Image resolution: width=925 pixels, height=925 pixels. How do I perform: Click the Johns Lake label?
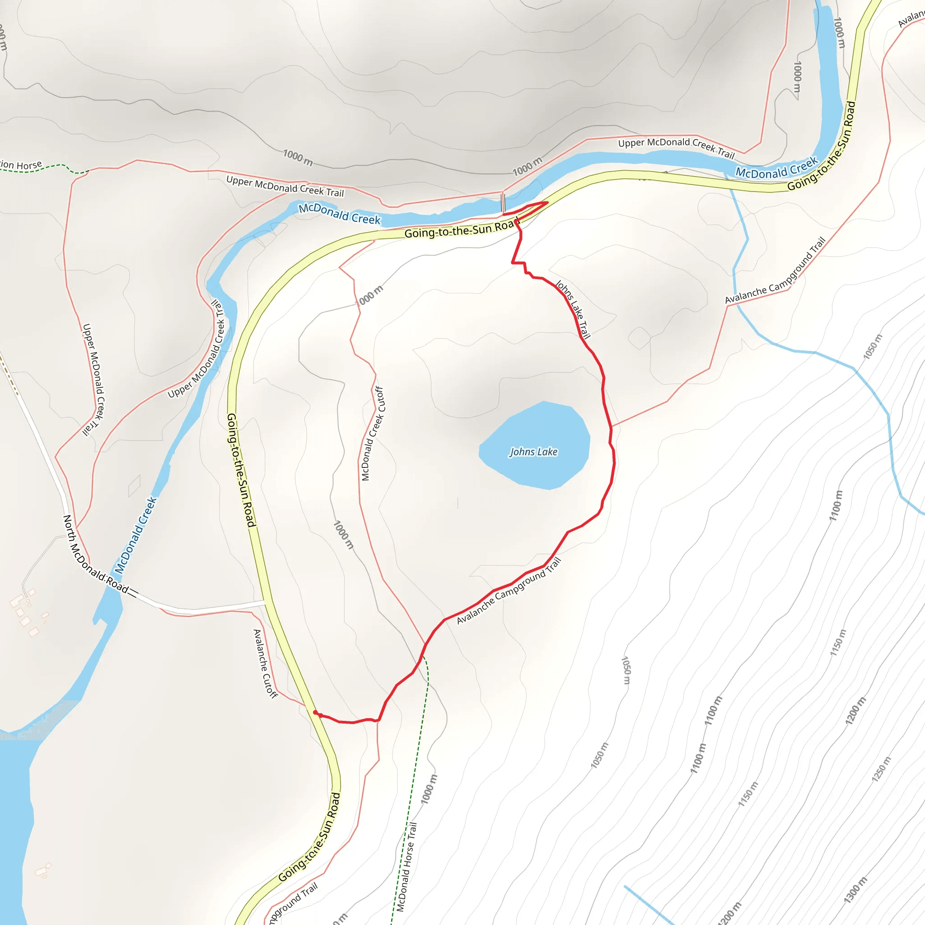pyautogui.click(x=533, y=452)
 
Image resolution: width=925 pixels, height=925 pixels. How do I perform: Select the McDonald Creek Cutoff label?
pyautogui.click(x=373, y=433)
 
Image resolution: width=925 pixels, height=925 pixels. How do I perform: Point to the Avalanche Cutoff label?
pyautogui.click(x=265, y=663)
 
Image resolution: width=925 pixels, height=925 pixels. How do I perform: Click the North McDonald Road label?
pyautogui.click(x=96, y=554)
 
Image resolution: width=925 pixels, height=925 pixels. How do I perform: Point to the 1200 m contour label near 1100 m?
pyautogui.click(x=855, y=710)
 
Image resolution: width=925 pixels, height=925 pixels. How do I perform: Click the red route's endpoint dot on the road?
pyautogui.click(x=315, y=712)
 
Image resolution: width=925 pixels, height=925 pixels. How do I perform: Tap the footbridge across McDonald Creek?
pyautogui.click(x=503, y=202)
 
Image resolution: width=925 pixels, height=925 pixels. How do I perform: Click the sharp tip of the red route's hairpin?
pyautogui.click(x=547, y=202)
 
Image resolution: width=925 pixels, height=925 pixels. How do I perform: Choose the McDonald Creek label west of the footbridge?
pyautogui.click(x=339, y=214)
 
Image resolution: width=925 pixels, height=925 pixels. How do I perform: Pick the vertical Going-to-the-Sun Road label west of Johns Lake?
pyautogui.click(x=241, y=470)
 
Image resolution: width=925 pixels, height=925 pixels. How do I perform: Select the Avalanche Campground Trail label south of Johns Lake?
pyautogui.click(x=509, y=591)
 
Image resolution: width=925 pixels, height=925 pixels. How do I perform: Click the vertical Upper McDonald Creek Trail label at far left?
pyautogui.click(x=93, y=380)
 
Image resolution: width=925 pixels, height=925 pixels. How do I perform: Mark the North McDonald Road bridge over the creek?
pyautogui.click(x=134, y=593)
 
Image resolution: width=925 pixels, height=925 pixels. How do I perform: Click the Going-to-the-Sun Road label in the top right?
pyautogui.click(x=822, y=146)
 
